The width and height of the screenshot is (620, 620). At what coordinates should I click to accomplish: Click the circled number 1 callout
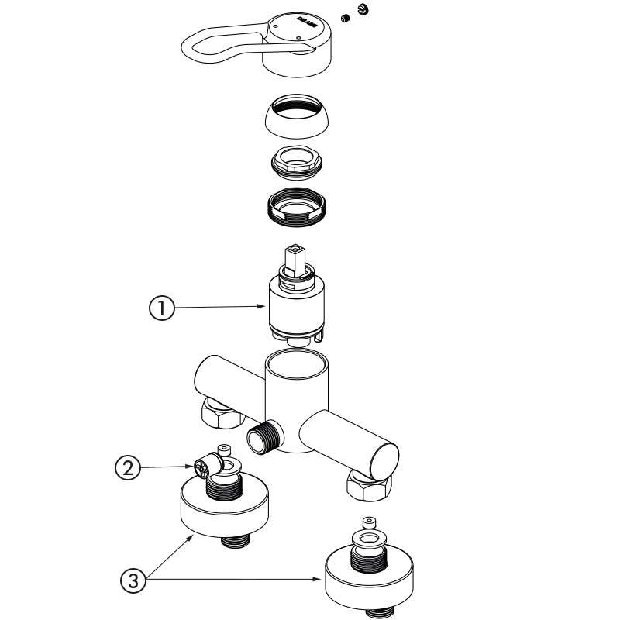(160, 308)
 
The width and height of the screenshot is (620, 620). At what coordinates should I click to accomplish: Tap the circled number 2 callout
(127, 467)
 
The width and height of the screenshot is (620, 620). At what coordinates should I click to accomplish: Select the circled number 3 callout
(133, 580)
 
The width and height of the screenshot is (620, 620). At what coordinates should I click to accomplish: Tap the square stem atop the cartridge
(296, 257)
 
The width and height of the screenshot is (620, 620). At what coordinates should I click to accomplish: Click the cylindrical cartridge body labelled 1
(296, 306)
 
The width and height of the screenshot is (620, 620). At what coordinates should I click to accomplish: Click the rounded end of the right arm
(384, 457)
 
